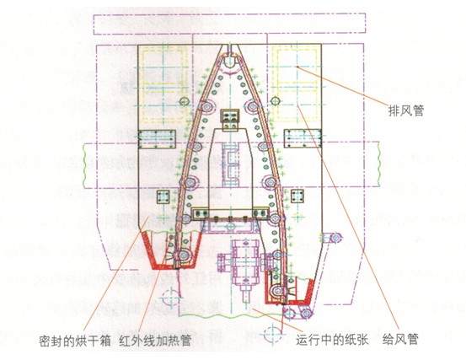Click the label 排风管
405,111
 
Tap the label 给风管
400,339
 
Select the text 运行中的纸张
332,339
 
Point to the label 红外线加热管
155,341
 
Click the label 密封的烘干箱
75,341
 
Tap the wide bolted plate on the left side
157,139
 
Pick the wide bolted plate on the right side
303,138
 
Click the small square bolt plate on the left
163,196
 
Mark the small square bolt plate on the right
297,196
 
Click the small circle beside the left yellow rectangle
185,101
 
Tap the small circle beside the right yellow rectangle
276,101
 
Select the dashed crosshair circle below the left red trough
171,298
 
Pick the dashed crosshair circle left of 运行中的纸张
272,335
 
